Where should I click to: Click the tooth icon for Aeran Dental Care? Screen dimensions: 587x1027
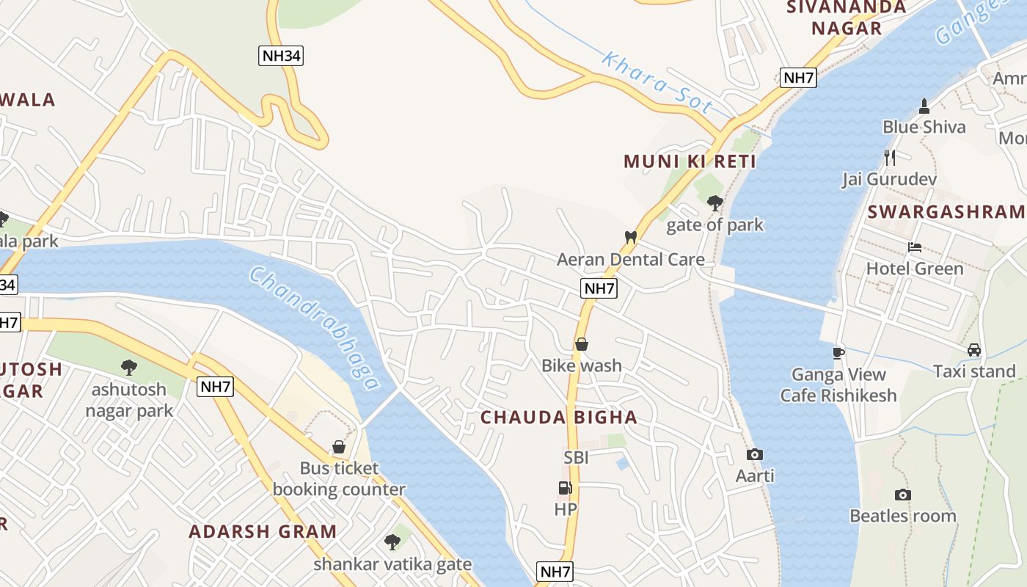pyautogui.click(x=629, y=237)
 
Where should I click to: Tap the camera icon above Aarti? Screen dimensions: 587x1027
pyautogui.click(x=754, y=455)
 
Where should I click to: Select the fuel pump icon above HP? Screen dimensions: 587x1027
pyautogui.click(x=564, y=488)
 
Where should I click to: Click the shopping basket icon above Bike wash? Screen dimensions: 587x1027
pyautogui.click(x=581, y=344)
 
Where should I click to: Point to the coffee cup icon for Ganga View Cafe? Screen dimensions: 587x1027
pyautogui.click(x=838, y=353)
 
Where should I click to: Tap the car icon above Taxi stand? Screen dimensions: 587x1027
pyautogui.click(x=973, y=350)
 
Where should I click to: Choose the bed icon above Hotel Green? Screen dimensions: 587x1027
pyautogui.click(x=914, y=247)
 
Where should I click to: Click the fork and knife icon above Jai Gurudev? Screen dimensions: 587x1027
pyautogui.click(x=889, y=157)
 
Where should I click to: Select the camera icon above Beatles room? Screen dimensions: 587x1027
pyautogui.click(x=903, y=495)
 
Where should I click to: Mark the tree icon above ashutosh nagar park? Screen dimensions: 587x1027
pyautogui.click(x=129, y=367)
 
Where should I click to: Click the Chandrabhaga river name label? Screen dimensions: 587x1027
pyautogui.click(x=315, y=327)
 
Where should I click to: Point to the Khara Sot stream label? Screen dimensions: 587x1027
pyautogui.click(x=657, y=83)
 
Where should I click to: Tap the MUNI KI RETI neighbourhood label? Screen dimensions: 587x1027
pyautogui.click(x=690, y=161)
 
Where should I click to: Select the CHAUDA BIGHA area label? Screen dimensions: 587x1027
pyautogui.click(x=559, y=418)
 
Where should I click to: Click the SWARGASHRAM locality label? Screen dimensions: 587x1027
pyautogui.click(x=946, y=212)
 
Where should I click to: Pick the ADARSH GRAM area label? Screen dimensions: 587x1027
pyautogui.click(x=263, y=531)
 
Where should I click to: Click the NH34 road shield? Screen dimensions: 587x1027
pyautogui.click(x=280, y=56)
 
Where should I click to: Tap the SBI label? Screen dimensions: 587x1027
pyautogui.click(x=576, y=458)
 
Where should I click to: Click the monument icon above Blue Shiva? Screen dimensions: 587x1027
pyautogui.click(x=924, y=106)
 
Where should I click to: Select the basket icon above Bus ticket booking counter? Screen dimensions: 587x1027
pyautogui.click(x=338, y=447)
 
